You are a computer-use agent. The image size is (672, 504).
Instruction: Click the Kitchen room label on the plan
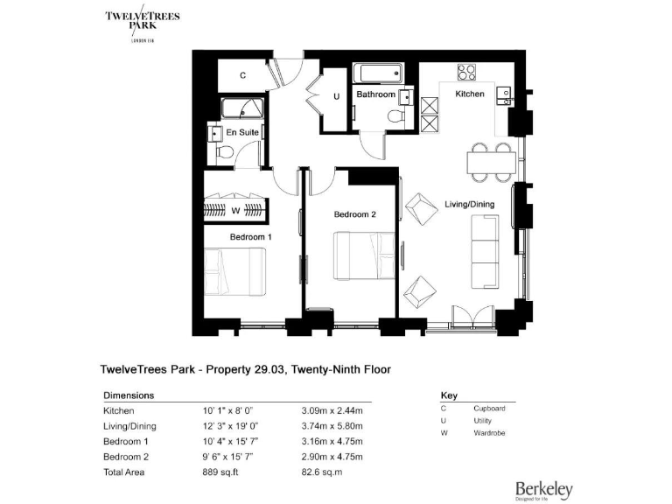pyautogui.click(x=469, y=94)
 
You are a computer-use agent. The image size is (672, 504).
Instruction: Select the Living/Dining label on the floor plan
pyautogui.click(x=470, y=204)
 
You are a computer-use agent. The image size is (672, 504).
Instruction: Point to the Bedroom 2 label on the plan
pyautogui.click(x=354, y=214)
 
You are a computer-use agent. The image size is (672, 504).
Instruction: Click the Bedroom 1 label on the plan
pyautogui.click(x=251, y=237)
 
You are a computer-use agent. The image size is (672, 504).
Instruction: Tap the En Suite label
pyautogui.click(x=242, y=132)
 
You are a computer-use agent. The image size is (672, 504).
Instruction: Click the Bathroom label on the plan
pyautogui.click(x=375, y=94)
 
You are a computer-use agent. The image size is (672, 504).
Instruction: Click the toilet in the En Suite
pyautogui.click(x=223, y=153)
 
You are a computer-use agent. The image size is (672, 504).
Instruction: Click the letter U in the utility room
pyautogui.click(x=336, y=96)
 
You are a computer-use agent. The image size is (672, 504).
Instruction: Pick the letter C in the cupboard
pyautogui.click(x=242, y=76)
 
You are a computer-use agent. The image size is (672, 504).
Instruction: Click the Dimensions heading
pyautogui.click(x=129, y=395)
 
